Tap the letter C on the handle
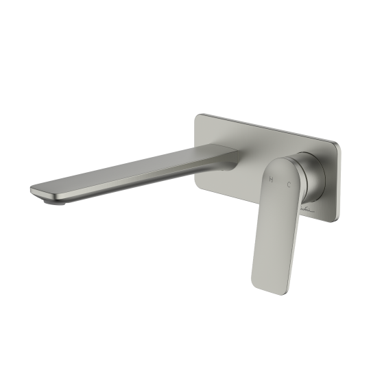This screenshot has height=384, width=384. pyautogui.click(x=289, y=184)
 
